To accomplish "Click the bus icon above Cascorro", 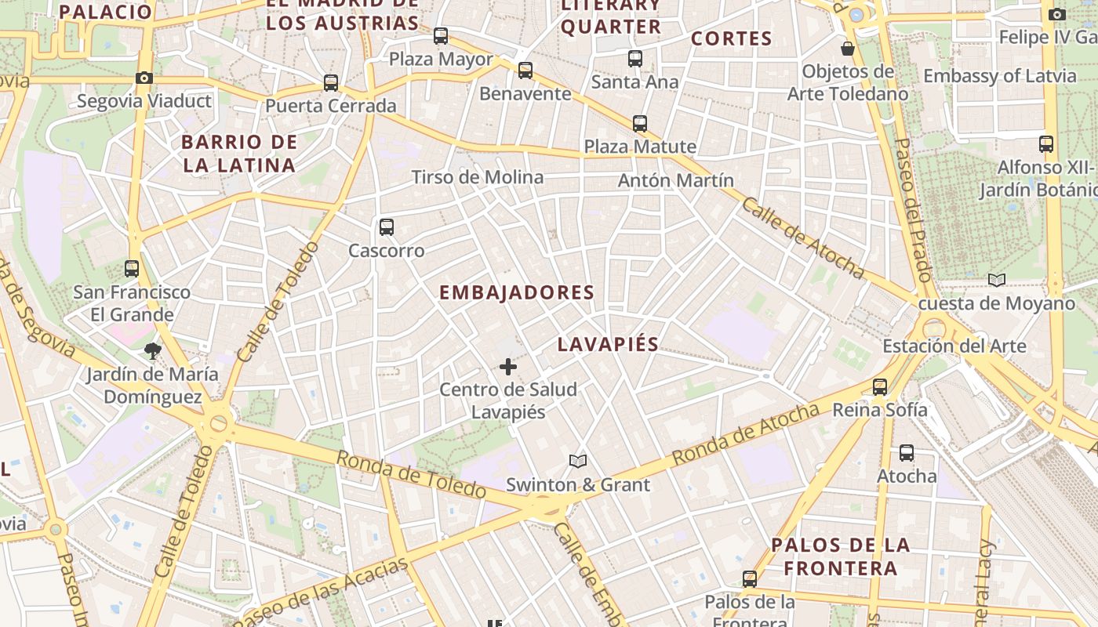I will click(x=386, y=227).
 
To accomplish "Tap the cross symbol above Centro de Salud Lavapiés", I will click(x=508, y=366).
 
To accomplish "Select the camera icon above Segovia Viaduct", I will click(x=144, y=78).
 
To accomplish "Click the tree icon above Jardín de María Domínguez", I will click(x=152, y=350).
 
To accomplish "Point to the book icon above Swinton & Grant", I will click(x=578, y=461).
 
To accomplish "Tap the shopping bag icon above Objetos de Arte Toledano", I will click(x=848, y=49).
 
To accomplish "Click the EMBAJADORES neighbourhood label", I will click(x=516, y=292).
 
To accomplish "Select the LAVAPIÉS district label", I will click(x=608, y=344).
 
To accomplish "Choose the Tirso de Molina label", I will click(x=478, y=177).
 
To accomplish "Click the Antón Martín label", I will click(x=676, y=180).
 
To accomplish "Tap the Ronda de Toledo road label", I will click(x=411, y=474).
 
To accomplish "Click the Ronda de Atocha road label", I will click(x=746, y=433).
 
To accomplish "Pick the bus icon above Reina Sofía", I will click(x=880, y=386).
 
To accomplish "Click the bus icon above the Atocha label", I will click(x=907, y=452).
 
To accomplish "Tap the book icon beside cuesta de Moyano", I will click(x=997, y=280).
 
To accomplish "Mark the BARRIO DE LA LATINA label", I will click(x=239, y=154).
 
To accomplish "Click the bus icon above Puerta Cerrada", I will click(x=331, y=82).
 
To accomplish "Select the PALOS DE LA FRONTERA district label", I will click(x=841, y=556).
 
